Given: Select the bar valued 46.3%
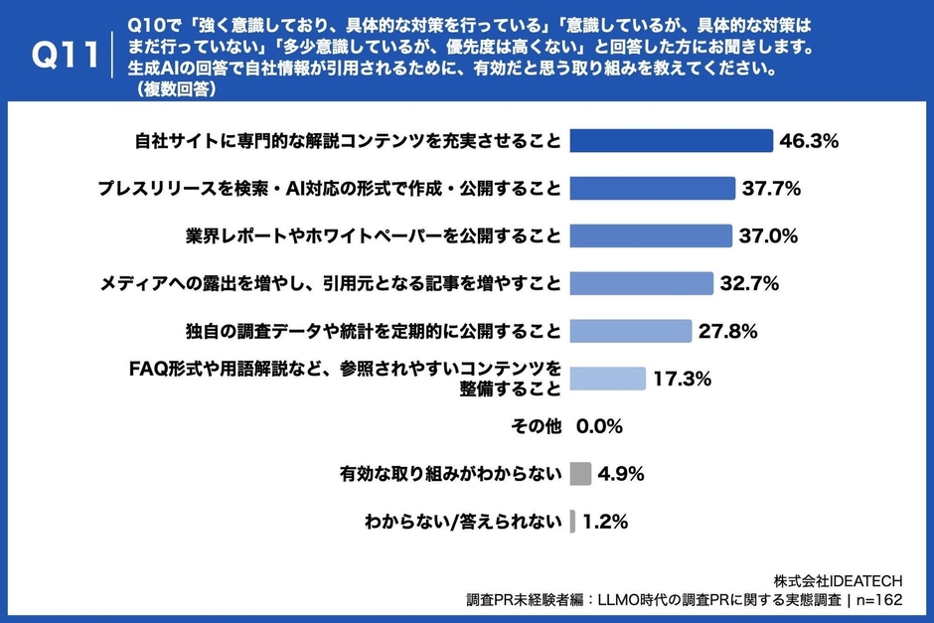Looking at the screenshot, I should pyautogui.click(x=671, y=140).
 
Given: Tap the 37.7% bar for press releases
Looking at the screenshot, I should pyautogui.click(x=653, y=188).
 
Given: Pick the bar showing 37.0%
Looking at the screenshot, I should pyautogui.click(x=651, y=235).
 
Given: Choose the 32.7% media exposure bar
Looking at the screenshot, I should pyautogui.click(x=642, y=283).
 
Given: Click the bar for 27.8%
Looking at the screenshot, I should pyautogui.click(x=631, y=331).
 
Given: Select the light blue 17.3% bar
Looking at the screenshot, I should pyautogui.click(x=608, y=379).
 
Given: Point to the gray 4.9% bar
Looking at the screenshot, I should pyautogui.click(x=581, y=473).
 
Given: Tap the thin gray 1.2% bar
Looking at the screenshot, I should pyautogui.click(x=573, y=521).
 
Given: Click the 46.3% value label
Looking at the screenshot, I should pyautogui.click(x=809, y=141).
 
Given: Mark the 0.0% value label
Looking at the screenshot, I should pyautogui.click(x=599, y=426).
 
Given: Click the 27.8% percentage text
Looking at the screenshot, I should pyautogui.click(x=728, y=331).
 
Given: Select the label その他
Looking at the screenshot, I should pyautogui.click(x=536, y=426).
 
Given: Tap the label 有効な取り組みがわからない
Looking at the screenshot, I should pyautogui.click(x=450, y=473).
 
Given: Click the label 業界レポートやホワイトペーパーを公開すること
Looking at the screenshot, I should pyautogui.click(x=373, y=235).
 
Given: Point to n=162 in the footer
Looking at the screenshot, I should pyautogui.click(x=879, y=600).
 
